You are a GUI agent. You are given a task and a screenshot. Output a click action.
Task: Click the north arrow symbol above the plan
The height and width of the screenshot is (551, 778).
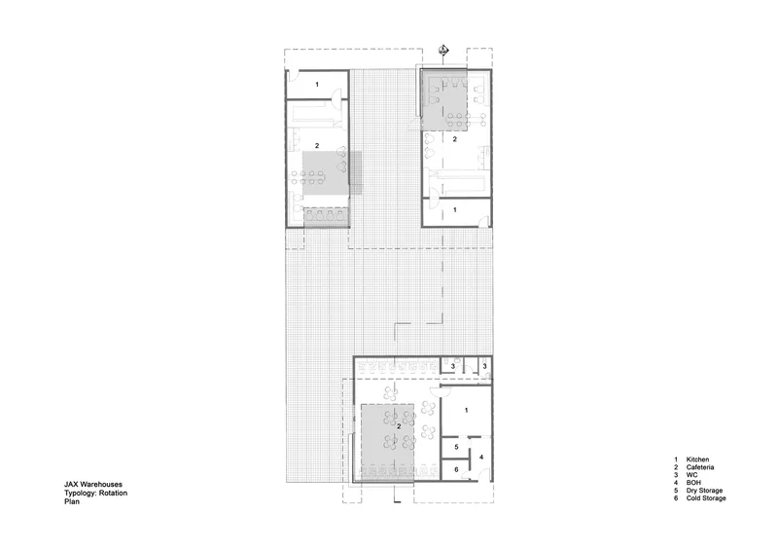click(443, 50)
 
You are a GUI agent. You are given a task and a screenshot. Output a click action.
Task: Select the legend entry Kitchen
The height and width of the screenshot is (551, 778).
click(697, 459)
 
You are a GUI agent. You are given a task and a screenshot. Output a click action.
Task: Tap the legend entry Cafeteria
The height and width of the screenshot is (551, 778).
click(700, 467)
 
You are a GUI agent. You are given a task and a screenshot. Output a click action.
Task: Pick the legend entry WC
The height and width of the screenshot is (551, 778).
click(691, 475)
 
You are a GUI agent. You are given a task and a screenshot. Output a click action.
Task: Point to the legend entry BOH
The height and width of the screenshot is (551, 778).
click(693, 483)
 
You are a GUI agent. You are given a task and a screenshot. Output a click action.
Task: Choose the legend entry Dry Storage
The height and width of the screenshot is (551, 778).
click(704, 491)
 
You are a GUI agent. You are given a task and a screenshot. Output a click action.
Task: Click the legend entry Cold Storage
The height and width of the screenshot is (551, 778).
click(706, 497)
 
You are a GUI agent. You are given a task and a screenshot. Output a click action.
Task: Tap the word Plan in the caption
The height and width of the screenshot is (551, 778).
click(71, 501)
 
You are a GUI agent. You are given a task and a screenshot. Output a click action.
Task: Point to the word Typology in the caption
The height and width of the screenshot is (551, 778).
click(80, 493)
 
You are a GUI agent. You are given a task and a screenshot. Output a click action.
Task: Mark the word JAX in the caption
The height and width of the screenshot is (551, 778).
click(71, 484)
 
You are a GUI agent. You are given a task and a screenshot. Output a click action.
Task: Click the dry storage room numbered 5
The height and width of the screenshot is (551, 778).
click(456, 447)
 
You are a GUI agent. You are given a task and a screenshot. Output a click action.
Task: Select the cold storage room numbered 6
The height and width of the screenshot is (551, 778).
click(456, 469)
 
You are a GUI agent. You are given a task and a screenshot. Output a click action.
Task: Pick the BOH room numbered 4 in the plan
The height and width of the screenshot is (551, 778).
click(480, 458)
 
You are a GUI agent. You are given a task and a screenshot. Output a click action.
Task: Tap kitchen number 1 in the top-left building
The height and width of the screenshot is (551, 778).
click(317, 85)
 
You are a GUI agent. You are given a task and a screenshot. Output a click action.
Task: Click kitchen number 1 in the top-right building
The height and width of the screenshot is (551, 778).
click(455, 210)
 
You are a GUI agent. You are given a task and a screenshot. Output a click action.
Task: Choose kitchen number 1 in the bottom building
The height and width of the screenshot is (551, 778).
click(467, 411)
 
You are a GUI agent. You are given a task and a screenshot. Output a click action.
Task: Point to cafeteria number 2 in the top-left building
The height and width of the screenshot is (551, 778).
click(317, 146)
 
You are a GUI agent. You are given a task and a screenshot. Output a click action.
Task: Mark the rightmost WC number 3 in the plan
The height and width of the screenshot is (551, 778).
click(484, 366)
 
